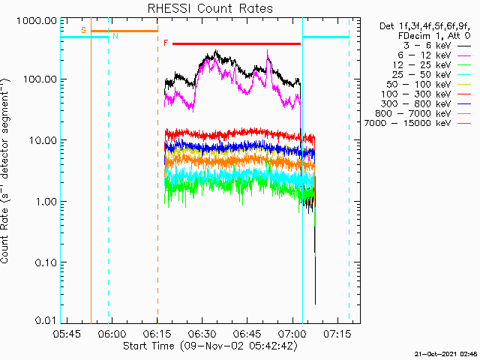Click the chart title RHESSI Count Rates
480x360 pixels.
[x=209, y=9]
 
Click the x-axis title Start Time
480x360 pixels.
[x=209, y=346]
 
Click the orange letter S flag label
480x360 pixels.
[x=83, y=30]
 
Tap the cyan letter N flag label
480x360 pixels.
[x=115, y=35]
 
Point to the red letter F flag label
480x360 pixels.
[x=166, y=43]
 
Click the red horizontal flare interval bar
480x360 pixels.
[x=236, y=43]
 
